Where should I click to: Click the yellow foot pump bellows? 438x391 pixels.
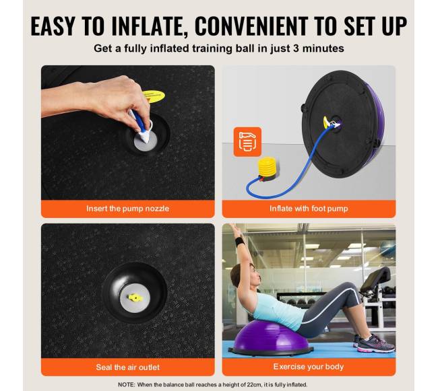(x=268, y=167)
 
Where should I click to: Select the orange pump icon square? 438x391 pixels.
(x=247, y=142)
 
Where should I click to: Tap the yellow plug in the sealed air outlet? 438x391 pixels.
(x=135, y=298)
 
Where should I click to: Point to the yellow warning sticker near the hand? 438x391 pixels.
(x=154, y=96)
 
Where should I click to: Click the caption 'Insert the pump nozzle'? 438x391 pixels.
(x=127, y=209)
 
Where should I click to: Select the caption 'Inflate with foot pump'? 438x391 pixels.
(x=309, y=209)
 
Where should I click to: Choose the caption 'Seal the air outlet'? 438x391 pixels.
(x=127, y=367)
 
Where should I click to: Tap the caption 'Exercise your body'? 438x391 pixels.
(x=309, y=367)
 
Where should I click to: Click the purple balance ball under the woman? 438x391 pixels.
(x=270, y=337)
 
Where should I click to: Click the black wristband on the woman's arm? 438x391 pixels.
(x=239, y=242)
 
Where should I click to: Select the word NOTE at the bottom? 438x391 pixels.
(x=127, y=384)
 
